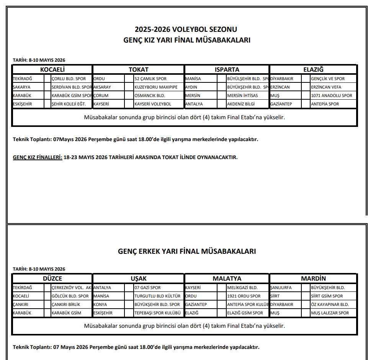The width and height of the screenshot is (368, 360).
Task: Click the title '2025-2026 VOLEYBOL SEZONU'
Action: (x=186, y=30)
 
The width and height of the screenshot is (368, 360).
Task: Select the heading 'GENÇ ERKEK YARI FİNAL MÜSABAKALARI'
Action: (x=186, y=252)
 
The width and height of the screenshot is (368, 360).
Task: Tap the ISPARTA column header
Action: (x=227, y=69)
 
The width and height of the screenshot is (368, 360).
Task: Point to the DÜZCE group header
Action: (x=52, y=278)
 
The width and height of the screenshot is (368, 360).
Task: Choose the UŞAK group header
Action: (x=138, y=278)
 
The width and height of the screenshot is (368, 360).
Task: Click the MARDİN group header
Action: (x=313, y=278)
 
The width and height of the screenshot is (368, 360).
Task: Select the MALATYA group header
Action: (x=227, y=278)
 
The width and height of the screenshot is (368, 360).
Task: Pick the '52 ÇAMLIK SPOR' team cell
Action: (x=150, y=79)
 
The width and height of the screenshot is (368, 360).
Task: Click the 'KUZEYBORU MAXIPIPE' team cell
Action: (x=156, y=87)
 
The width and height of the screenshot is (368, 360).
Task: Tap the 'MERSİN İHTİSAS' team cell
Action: (x=242, y=95)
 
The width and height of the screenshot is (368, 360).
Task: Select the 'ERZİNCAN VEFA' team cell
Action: (x=326, y=87)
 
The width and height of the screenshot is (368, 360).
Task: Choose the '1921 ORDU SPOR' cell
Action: (x=244, y=296)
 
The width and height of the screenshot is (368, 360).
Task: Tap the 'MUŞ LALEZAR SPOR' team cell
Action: (x=330, y=313)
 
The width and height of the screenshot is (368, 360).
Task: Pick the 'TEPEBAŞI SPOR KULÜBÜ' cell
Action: (x=157, y=313)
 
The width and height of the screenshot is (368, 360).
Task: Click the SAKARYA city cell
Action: (x=22, y=87)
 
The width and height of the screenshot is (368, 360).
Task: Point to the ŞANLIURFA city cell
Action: (x=281, y=288)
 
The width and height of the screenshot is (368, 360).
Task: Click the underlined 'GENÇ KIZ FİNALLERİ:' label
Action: (x=38, y=157)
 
